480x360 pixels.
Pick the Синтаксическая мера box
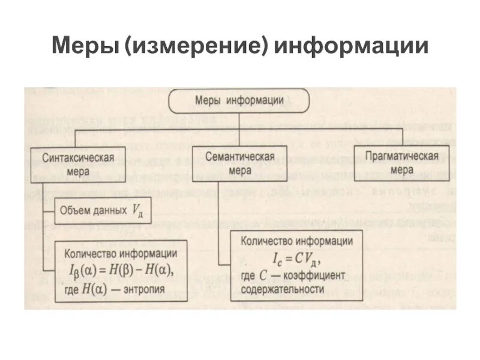click(x=78, y=164)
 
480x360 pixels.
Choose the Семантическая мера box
click(x=239, y=163)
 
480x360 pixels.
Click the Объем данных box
click(x=102, y=211)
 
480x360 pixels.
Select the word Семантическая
click(x=239, y=157)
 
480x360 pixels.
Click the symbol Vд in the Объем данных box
click(x=136, y=212)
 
